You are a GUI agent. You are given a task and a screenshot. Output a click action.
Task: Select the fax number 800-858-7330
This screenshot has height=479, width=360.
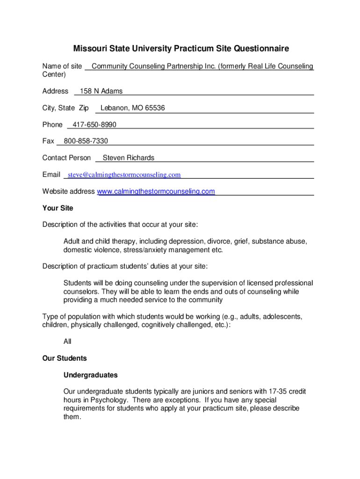[86, 141]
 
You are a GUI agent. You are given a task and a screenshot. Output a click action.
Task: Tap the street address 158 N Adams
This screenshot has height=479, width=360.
[101, 91]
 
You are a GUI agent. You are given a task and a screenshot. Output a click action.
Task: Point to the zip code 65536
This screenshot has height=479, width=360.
[155, 108]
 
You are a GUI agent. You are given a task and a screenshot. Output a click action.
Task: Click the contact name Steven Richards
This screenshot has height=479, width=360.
[128, 158]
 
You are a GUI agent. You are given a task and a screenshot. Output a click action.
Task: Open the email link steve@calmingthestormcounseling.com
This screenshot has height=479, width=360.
[124, 175]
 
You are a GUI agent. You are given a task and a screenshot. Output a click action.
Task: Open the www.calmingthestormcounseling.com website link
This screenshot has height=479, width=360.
[156, 191]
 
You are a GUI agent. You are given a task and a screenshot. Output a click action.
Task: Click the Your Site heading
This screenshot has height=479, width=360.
[58, 208]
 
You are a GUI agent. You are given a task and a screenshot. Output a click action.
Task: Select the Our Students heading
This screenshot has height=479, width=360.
[65, 358]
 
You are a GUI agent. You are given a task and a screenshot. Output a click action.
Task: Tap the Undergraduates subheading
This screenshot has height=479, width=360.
[90, 375]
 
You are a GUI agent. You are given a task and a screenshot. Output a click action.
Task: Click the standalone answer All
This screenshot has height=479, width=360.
[67, 342]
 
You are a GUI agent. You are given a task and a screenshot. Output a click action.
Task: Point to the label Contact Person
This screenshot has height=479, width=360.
[66, 158]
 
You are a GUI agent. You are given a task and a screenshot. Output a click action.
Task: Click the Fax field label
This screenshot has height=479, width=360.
[48, 141]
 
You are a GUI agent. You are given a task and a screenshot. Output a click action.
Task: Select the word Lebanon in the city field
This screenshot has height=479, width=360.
[115, 108]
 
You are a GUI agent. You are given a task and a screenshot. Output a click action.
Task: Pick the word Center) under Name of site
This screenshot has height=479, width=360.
[54, 74]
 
